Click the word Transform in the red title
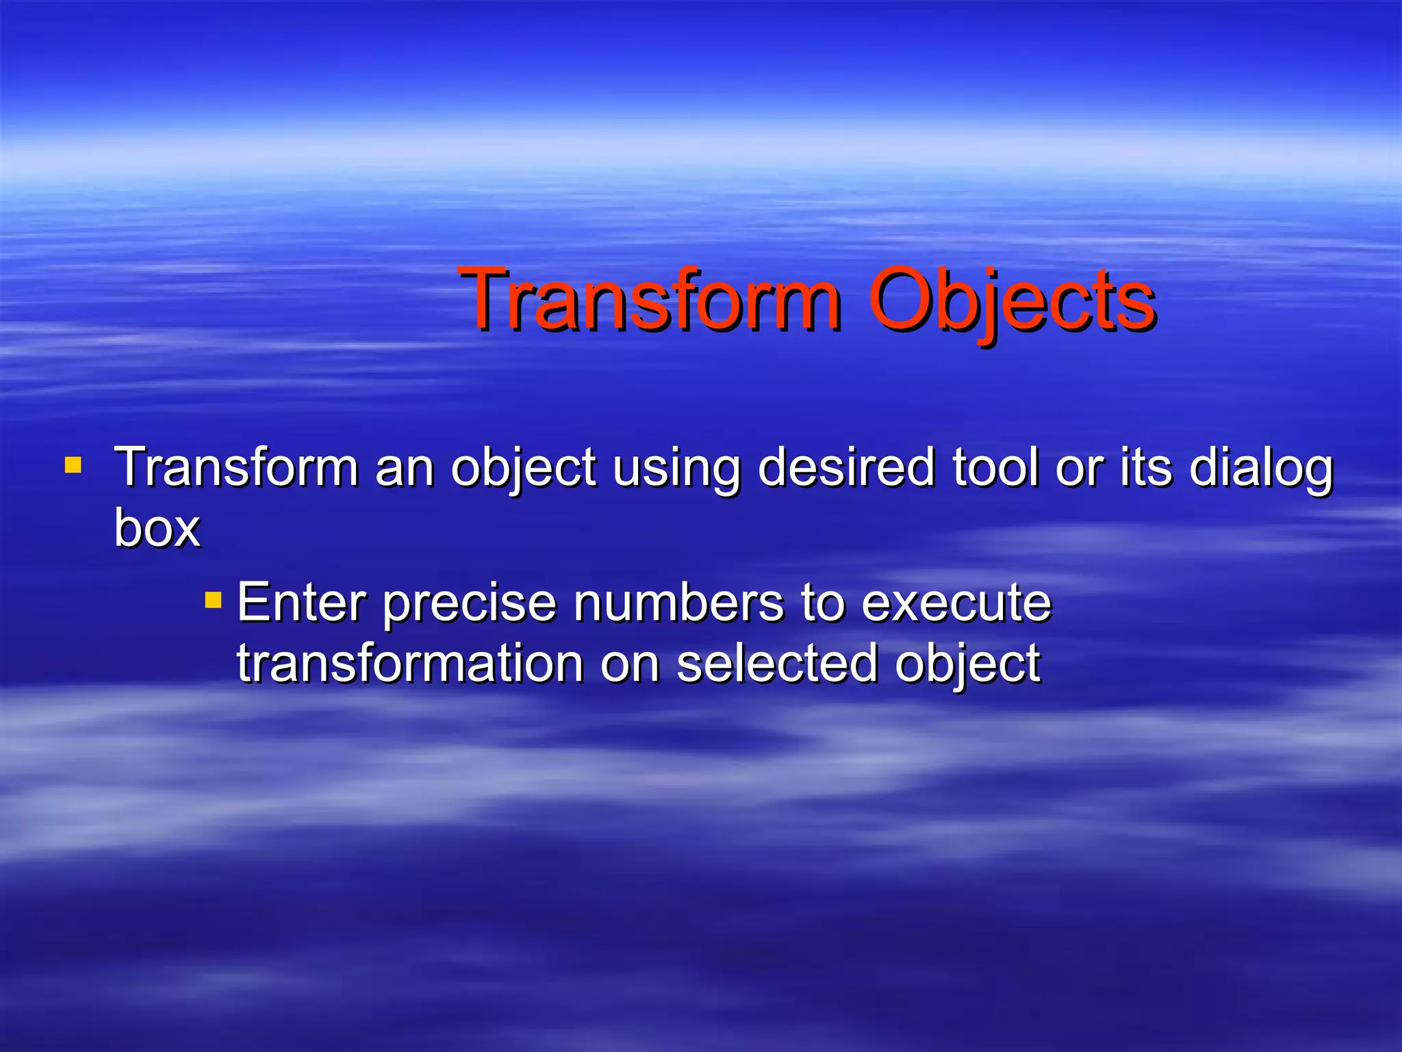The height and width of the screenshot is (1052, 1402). tap(650, 300)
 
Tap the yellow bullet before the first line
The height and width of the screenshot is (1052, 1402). tap(73, 466)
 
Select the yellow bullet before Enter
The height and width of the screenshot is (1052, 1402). tap(213, 601)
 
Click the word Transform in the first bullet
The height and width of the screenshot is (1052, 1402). tap(236, 467)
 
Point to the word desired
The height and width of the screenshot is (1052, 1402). tap(846, 467)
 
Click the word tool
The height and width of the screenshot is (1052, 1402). tap(995, 467)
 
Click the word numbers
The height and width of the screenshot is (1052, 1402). tap(678, 603)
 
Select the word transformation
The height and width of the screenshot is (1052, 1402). tap(409, 663)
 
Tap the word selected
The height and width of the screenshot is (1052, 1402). tap(776, 663)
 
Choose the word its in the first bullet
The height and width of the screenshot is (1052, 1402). tap(1146, 467)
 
